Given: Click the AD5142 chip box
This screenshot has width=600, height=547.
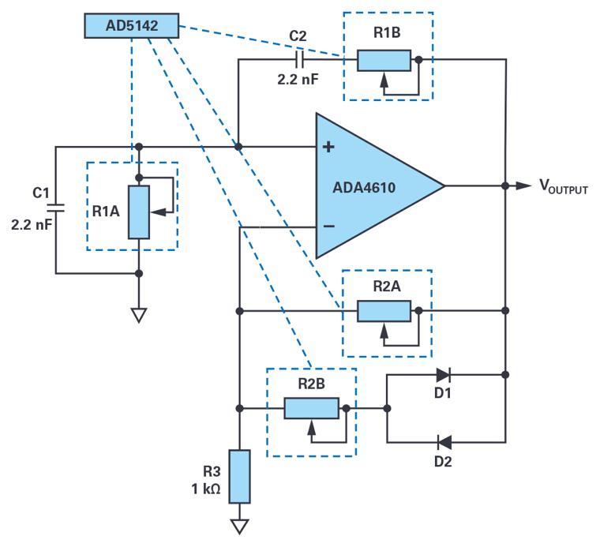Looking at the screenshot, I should pos(131,26).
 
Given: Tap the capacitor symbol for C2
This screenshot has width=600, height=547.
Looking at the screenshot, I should pos(298,59).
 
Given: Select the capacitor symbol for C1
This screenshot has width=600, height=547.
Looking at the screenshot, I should pos(55,208).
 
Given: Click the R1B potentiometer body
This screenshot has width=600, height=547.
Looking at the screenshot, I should pos(384,60).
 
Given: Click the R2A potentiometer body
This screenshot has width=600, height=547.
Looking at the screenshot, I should pos(384,311).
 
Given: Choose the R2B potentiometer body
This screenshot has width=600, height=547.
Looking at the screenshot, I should pos(311,408).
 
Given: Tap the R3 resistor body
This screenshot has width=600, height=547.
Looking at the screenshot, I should pos(239,476).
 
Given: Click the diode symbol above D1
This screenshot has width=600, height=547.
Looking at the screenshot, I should pos(442,375).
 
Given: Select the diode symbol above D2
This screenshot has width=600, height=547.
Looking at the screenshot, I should pos(444,442).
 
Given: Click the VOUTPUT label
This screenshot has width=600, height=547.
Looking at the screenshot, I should pos(563,187).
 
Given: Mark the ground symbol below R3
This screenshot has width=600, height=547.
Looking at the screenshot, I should pos(239,526).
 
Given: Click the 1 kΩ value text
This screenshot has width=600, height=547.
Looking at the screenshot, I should pos(206,489).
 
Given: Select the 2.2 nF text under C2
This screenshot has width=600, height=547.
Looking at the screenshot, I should pos(298,80).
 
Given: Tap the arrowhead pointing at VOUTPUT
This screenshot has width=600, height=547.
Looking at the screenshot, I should pos(523,185).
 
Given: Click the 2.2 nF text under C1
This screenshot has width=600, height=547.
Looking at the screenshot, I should pos(32,224).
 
